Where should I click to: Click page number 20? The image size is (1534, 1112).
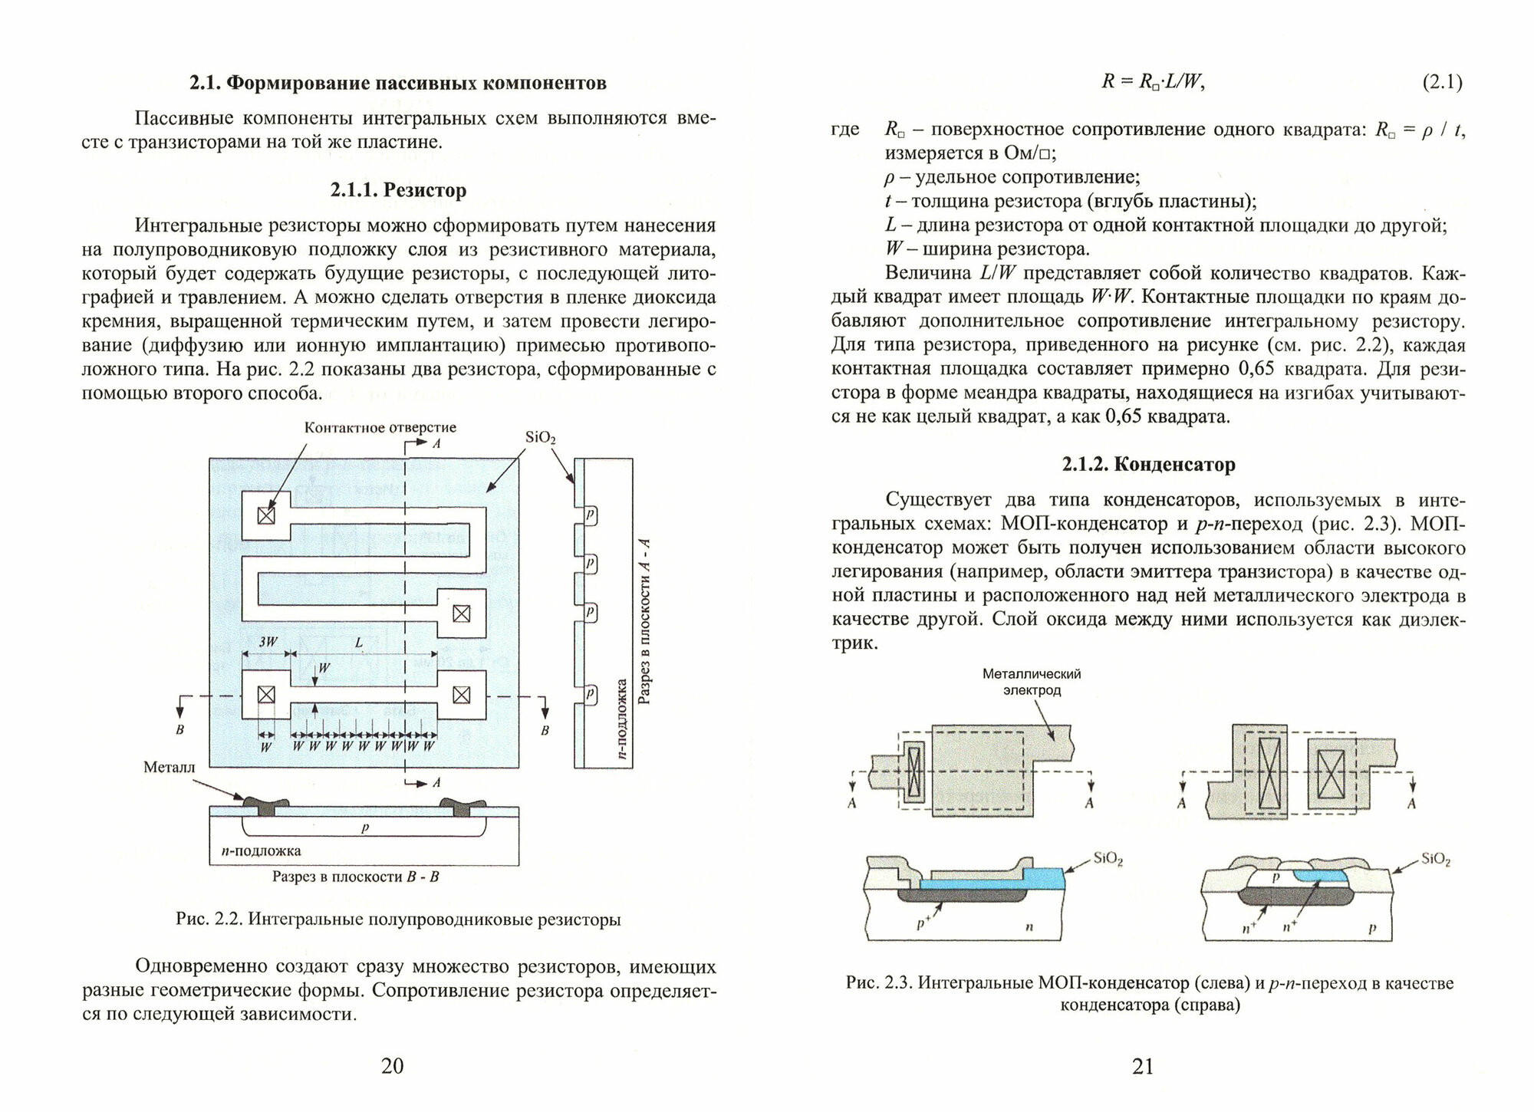coord(392,1066)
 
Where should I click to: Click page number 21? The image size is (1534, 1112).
coord(1143,1066)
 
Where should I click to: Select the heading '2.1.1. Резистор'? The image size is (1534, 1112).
coord(398,189)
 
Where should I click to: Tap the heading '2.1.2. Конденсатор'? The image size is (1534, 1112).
coord(1148,464)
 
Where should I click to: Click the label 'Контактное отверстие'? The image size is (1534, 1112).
coord(380,428)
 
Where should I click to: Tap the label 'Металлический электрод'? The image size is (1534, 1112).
coord(1032,682)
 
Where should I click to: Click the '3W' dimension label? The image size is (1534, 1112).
coord(267,643)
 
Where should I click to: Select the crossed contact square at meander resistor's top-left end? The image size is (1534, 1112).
coord(265,515)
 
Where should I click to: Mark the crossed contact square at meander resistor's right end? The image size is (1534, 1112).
coord(460,613)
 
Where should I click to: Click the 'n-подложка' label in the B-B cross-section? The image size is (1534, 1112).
coord(256,850)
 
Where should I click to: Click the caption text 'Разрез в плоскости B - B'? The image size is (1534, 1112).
coord(355,876)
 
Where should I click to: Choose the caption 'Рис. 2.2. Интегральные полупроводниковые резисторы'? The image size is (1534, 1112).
coord(398,920)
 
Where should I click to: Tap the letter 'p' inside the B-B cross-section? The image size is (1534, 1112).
coord(364,829)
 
